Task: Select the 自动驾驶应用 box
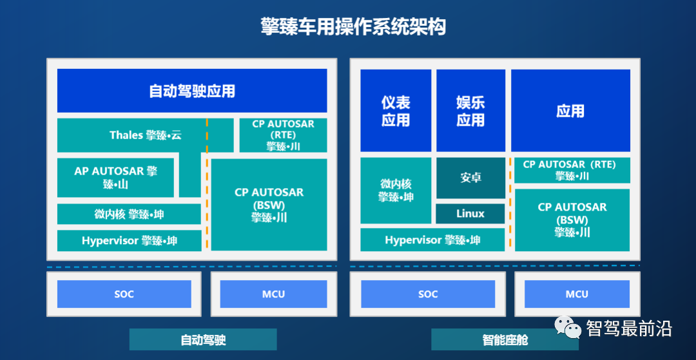[x=192, y=91]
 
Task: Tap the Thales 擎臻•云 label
[x=146, y=135]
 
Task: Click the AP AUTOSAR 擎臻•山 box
[x=116, y=177]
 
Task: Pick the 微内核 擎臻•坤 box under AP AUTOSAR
[x=129, y=214]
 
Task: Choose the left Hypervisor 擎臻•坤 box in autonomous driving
[x=129, y=241]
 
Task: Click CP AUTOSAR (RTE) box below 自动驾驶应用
[x=283, y=135]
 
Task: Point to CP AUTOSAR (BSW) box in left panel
[x=269, y=204]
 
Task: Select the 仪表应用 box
[x=396, y=111]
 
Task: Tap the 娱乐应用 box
[x=470, y=111]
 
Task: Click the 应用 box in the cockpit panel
[x=570, y=111]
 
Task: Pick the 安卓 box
[x=470, y=177]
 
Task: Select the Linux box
[x=470, y=214]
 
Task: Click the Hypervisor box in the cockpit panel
[x=432, y=240]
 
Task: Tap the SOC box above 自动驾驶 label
[x=124, y=294]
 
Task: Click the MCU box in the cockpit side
[x=577, y=294]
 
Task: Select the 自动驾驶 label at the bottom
[x=203, y=339]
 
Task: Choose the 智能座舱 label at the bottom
[x=505, y=339]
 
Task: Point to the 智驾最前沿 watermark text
[x=629, y=329]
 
